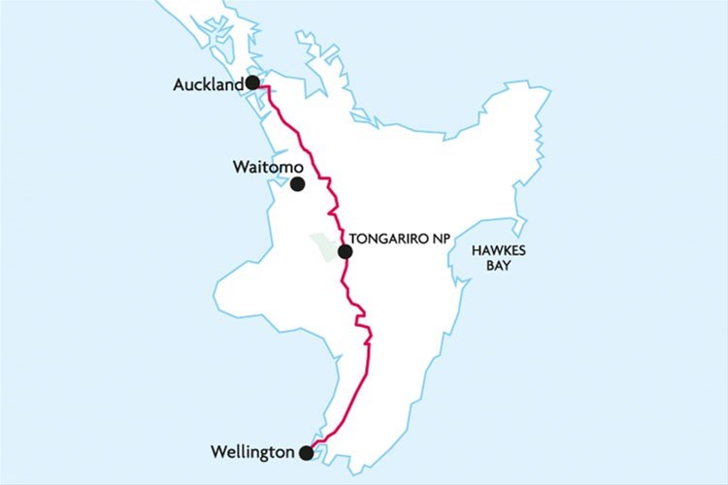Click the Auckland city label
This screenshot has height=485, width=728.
pyautogui.click(x=208, y=85)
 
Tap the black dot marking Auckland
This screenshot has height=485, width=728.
pyautogui.click(x=252, y=82)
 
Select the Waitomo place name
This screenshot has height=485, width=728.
pyautogui.click(x=262, y=167)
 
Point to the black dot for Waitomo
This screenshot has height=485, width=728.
pyautogui.click(x=297, y=183)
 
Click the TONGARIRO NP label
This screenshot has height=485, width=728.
pyautogui.click(x=402, y=236)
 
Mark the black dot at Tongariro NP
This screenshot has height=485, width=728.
pyautogui.click(x=345, y=252)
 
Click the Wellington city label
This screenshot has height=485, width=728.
pyautogui.click(x=251, y=452)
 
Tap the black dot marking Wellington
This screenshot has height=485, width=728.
pyautogui.click(x=307, y=452)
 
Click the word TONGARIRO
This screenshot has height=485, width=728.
pyautogui.click(x=391, y=236)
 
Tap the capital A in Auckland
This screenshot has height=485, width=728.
pyautogui.click(x=180, y=85)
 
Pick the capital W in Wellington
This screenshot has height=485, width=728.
pyautogui.click(x=217, y=452)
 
